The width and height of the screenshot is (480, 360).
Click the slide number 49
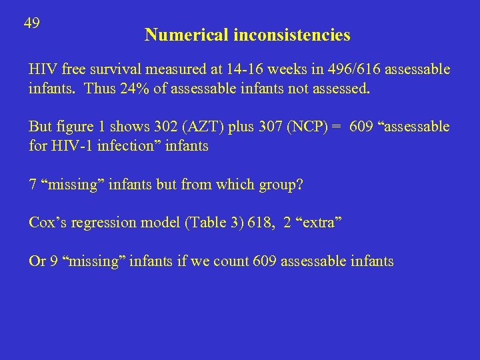31,23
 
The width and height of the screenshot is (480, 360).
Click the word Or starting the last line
37,261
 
